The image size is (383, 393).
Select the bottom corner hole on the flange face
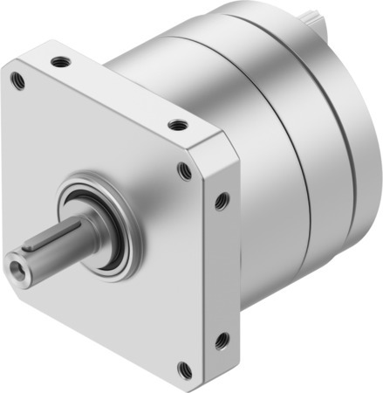pos(182,367)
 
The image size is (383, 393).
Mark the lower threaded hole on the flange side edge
pos(221,337)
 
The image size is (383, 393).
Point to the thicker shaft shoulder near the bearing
pos(87,229)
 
